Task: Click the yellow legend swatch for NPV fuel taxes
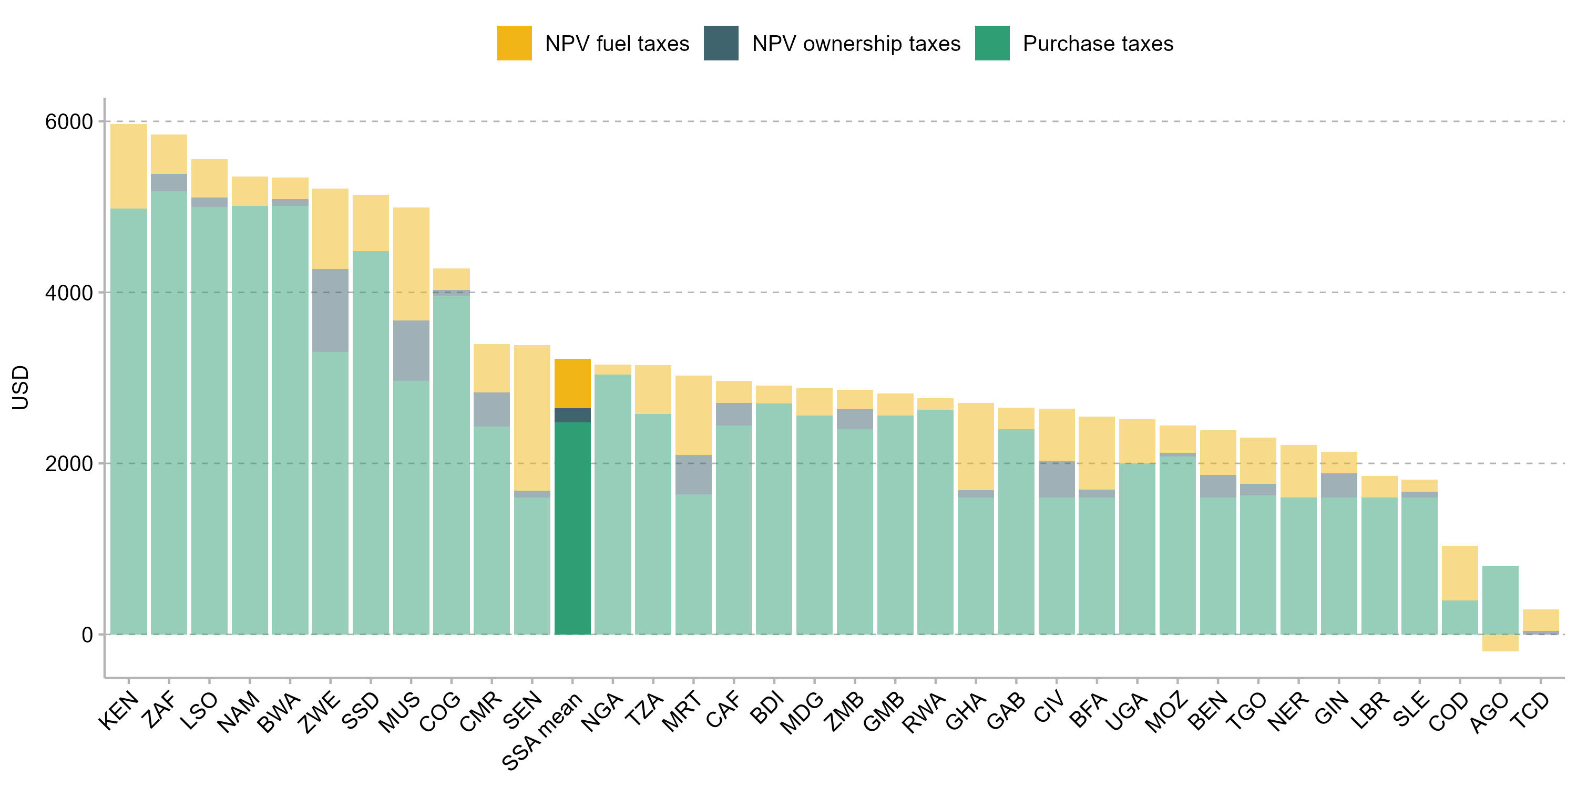pos(514,43)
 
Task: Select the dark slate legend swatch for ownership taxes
pos(721,43)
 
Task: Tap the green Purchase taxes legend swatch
pos(992,43)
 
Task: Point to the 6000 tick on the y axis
pos(68,122)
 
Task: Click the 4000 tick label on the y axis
pos(68,293)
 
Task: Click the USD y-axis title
pos(20,387)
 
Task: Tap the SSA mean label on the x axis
pos(542,731)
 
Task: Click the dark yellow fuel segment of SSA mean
pos(572,383)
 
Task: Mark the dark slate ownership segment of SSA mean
pos(572,416)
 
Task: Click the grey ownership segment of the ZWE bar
pos(330,310)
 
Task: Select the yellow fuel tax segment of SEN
pos(532,418)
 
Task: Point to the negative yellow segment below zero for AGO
pos(1500,643)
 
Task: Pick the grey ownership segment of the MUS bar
pos(411,350)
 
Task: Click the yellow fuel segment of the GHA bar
pos(976,447)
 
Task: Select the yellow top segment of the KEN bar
pos(129,167)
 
